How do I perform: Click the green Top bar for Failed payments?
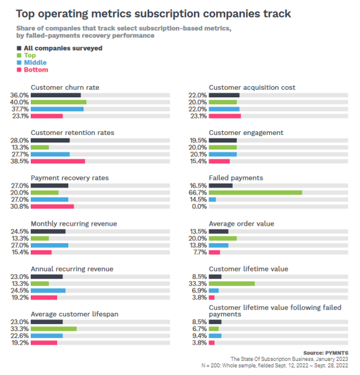[x=255, y=193]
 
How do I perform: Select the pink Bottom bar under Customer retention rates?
[x=58, y=161]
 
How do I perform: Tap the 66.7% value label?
[x=198, y=193]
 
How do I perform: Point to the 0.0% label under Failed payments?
[x=199, y=206]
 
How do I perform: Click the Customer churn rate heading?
[x=65, y=87]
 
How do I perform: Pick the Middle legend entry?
[x=35, y=63]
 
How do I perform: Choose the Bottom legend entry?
[x=36, y=70]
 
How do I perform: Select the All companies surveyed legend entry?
[x=63, y=48]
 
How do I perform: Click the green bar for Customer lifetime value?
[x=232, y=284]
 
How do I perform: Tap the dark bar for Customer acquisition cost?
[x=224, y=95]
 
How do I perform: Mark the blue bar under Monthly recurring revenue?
[x=50, y=245]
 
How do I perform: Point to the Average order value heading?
[x=241, y=224]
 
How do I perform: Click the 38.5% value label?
[x=20, y=161]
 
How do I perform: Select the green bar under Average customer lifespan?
[x=54, y=329]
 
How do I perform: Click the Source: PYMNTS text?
[x=326, y=353]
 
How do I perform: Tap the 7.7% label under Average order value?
[x=200, y=252]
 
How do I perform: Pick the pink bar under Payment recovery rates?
[x=52, y=206]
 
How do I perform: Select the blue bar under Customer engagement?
[x=223, y=154]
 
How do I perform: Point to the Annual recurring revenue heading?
[x=72, y=269]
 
